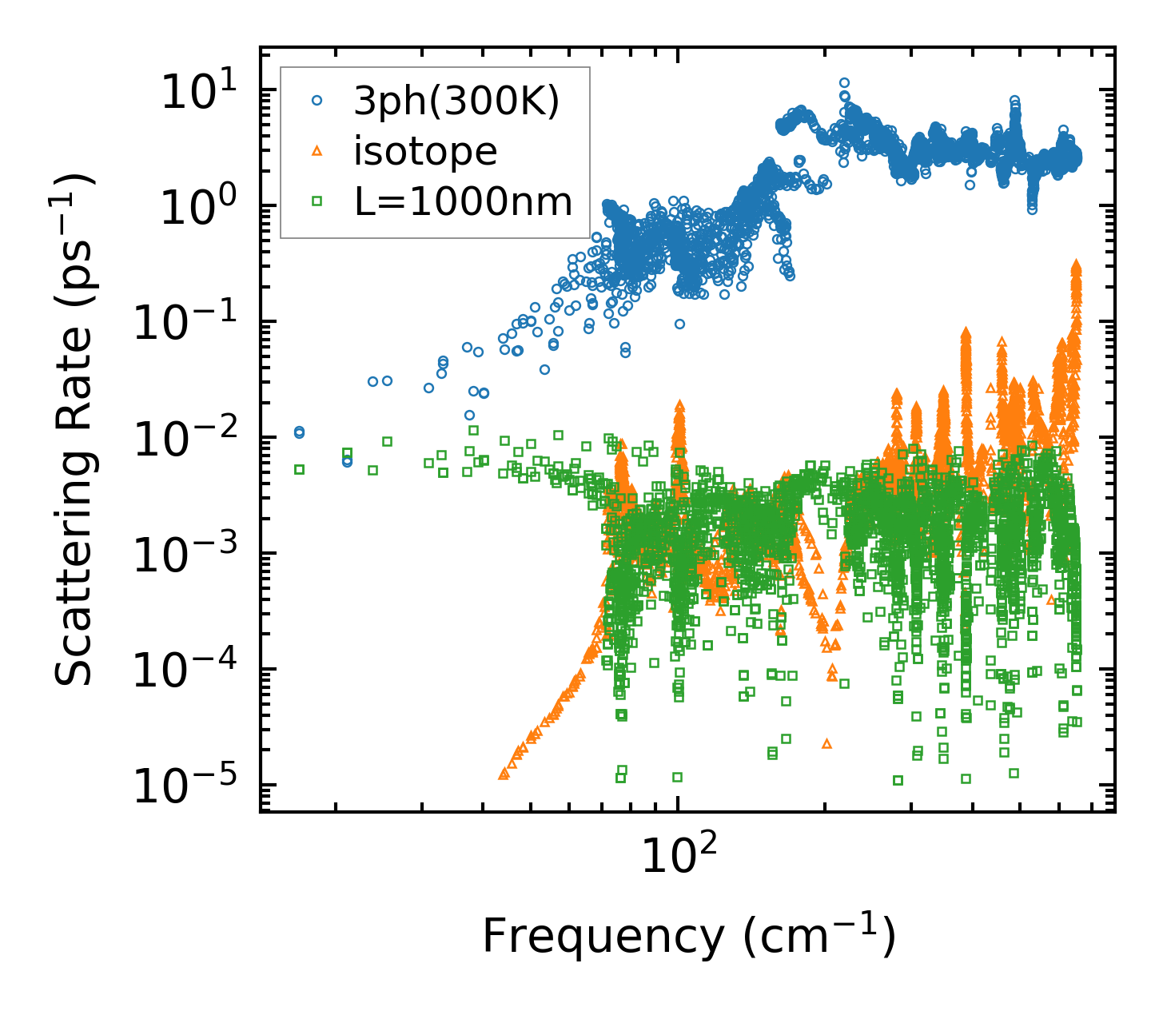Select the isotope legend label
click(x=425, y=150)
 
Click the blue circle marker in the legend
click(x=317, y=101)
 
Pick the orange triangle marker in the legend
click(x=317, y=151)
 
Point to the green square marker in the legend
click(x=317, y=202)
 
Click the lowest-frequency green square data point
click(x=299, y=470)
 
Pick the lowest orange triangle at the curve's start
click(x=504, y=774)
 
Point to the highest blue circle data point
click(x=844, y=82)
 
